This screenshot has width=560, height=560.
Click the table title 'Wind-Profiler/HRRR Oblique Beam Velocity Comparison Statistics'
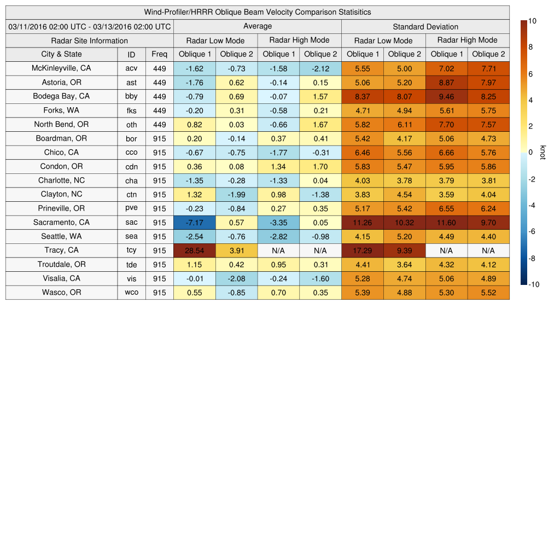click(258, 12)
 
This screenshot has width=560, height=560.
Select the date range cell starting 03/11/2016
click(90, 26)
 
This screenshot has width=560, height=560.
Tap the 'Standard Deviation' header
click(425, 26)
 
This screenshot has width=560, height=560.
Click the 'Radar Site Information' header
click(90, 40)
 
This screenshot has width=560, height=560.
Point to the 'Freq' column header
click(159, 54)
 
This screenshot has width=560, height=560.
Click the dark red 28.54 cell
click(195, 250)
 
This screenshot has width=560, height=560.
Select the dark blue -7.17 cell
click(195, 223)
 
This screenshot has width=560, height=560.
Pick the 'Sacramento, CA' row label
click(61, 223)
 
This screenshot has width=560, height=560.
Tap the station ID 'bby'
click(131, 96)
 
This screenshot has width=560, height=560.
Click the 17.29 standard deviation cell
click(363, 250)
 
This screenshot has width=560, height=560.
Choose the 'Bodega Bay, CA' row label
click(61, 96)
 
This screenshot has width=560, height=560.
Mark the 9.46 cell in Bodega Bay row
click(447, 96)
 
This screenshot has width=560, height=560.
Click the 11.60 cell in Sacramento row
click(447, 223)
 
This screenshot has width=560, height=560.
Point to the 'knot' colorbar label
click(543, 152)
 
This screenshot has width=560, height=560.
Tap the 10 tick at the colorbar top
click(532, 21)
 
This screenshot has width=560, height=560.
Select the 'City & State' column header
click(61, 54)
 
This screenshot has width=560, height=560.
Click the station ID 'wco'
click(131, 293)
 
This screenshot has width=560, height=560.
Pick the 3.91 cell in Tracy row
click(236, 250)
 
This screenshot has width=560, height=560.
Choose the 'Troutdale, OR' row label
click(61, 265)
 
